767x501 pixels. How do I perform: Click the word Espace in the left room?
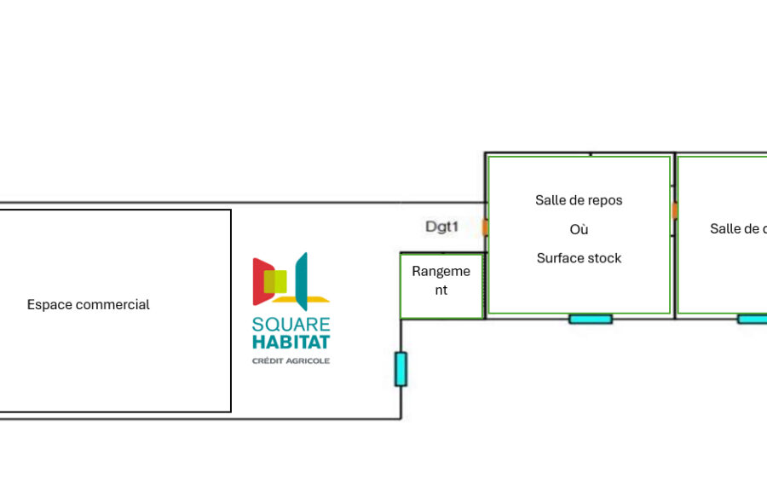point(48,304)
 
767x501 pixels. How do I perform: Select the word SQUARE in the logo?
point(291,325)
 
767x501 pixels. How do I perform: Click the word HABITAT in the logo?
point(291,343)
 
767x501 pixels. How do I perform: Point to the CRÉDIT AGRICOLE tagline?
point(291,361)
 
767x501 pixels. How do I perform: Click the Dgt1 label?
point(442,227)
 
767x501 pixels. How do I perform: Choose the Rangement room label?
point(441,280)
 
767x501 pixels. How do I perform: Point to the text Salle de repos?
point(579,200)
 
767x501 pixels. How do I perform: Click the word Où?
point(579,229)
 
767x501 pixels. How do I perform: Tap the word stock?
point(603,258)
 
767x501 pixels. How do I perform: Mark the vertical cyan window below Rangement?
point(401,369)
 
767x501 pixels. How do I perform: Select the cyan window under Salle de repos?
point(591,320)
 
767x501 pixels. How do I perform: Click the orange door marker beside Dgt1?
point(485,227)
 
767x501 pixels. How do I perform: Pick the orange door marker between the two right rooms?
point(674,210)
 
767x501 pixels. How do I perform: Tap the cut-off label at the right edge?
point(738,228)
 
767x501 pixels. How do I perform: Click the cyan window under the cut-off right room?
point(753,320)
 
